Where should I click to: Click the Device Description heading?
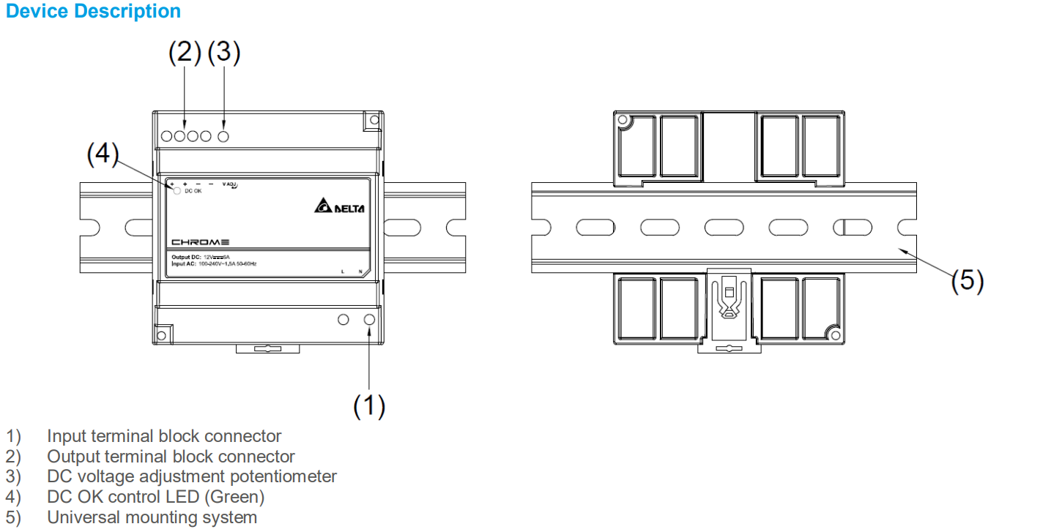(x=93, y=12)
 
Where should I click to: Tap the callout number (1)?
(x=369, y=405)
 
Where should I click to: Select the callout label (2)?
(x=185, y=52)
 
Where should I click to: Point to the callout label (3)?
(x=224, y=52)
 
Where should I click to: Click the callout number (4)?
(x=103, y=154)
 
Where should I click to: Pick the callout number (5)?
(x=967, y=280)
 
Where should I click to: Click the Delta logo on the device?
(x=339, y=207)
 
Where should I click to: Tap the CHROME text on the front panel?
(x=201, y=242)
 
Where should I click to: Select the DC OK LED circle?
(x=177, y=192)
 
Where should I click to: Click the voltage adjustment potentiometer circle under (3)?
(x=224, y=136)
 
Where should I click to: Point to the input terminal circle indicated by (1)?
(x=369, y=320)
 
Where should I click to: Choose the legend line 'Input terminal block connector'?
(x=164, y=436)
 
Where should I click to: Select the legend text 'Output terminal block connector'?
(x=171, y=457)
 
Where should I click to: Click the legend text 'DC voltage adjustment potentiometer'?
(x=192, y=476)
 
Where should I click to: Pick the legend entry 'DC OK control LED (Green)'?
(x=155, y=497)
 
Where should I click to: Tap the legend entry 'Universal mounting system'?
(x=152, y=517)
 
